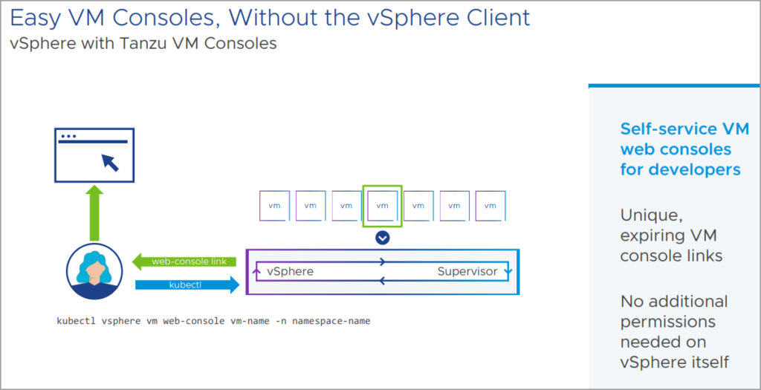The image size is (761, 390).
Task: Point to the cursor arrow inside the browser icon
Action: click(110, 161)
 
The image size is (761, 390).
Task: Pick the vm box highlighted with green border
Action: click(382, 206)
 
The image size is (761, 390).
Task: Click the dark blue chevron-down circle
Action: click(382, 238)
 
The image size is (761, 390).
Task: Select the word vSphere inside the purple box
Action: click(290, 271)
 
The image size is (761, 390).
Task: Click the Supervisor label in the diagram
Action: click(467, 271)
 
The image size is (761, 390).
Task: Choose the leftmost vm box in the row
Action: click(274, 206)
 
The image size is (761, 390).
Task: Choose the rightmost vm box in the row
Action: click(490, 206)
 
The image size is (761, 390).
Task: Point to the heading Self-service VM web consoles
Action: click(679, 149)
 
